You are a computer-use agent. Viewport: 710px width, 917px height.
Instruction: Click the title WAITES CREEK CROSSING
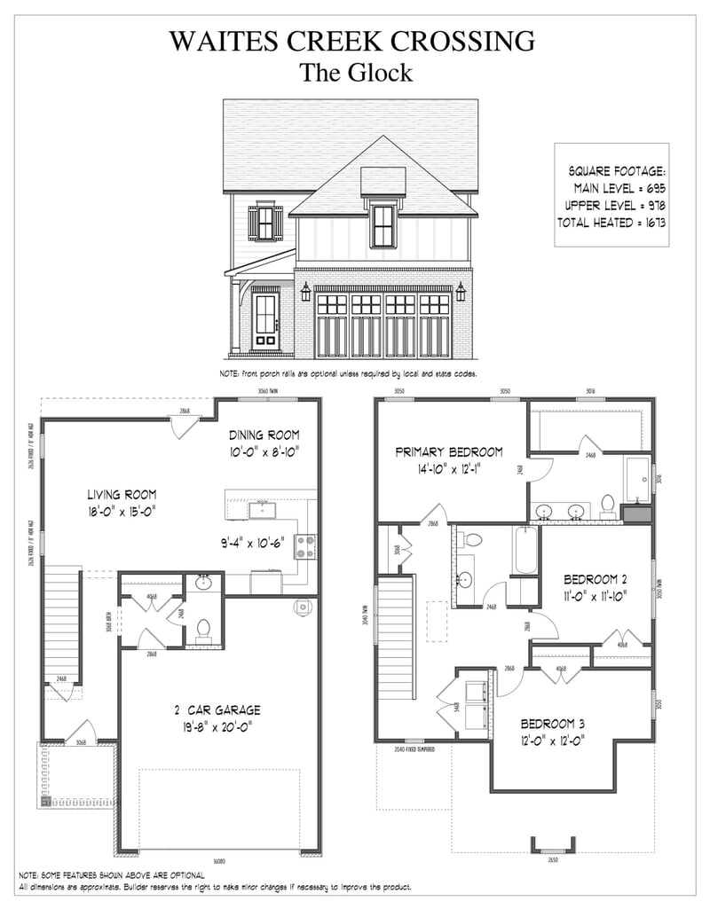click(353, 41)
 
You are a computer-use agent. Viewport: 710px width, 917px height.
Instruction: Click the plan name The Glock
click(355, 73)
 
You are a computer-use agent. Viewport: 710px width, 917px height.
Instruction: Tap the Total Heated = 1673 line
click(611, 223)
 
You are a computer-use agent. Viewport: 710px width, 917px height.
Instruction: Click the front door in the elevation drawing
click(266, 319)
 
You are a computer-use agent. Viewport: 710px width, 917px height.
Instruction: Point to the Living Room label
click(122, 494)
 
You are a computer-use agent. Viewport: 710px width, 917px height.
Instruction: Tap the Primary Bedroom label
click(449, 451)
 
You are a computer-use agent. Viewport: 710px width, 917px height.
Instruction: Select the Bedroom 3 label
click(552, 723)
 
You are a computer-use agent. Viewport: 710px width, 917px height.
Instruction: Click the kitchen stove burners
click(304, 546)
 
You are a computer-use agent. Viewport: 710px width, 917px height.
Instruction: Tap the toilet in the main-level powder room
click(202, 630)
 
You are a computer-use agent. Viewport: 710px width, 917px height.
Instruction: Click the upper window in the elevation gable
click(383, 225)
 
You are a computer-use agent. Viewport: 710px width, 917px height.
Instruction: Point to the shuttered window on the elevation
click(264, 223)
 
